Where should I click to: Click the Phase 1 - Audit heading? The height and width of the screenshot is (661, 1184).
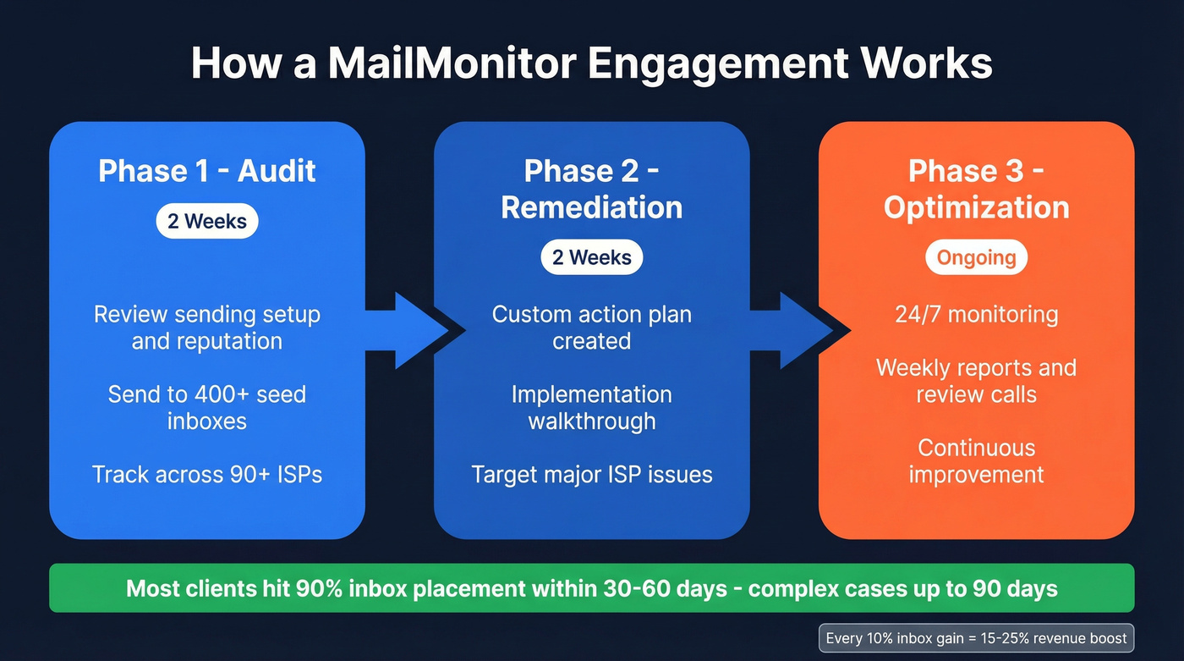(207, 171)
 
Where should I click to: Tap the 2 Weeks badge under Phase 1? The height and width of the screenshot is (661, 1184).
(207, 222)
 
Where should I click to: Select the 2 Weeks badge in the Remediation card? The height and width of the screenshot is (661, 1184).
(592, 257)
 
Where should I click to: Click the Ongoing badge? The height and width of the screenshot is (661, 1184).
(976, 257)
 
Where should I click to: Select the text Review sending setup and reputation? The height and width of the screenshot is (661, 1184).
(207, 328)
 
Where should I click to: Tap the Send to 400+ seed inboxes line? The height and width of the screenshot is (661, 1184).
(207, 407)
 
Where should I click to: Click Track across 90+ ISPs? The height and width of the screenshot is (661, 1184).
(207, 474)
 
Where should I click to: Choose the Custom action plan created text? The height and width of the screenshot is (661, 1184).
(592, 328)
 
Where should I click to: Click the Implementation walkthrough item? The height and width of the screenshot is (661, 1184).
(592, 407)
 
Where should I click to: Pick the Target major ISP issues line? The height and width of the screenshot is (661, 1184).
(592, 474)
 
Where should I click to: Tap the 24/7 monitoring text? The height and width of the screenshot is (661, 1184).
(976, 315)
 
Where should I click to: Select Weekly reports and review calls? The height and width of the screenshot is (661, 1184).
(976, 381)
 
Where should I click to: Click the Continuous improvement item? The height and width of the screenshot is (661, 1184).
(976, 460)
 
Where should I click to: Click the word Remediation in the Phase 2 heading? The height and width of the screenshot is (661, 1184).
(592, 207)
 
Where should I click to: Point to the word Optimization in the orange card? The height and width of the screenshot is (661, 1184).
(976, 207)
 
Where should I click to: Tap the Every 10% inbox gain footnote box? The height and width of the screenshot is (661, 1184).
(976, 638)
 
